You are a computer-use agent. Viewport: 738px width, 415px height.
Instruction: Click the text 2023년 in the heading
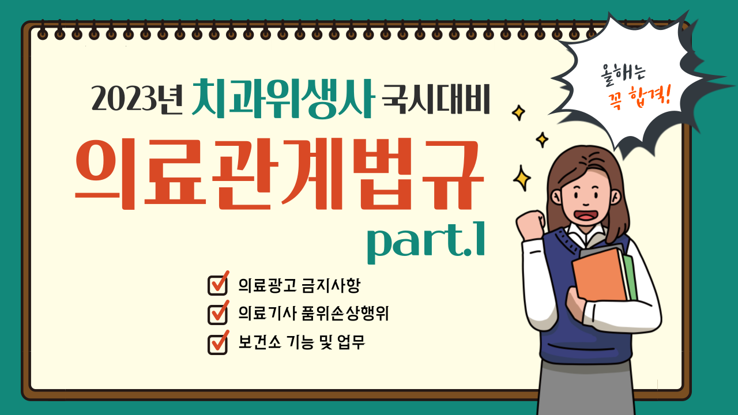point(137,99)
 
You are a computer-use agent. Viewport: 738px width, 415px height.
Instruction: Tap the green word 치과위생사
point(283,98)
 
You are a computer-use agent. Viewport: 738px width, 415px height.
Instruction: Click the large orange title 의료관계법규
point(280,174)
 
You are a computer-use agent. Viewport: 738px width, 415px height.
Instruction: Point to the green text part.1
point(426,243)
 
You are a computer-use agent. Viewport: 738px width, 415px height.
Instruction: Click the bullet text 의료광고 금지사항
point(299,285)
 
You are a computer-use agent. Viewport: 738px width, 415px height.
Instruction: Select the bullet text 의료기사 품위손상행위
point(313,313)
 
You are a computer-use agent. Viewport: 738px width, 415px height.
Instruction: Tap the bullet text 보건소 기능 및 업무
point(302,342)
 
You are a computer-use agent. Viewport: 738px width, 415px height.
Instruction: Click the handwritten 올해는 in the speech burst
point(623,74)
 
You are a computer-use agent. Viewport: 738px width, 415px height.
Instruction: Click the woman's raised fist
point(530,224)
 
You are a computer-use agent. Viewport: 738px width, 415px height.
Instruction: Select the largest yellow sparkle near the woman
point(522,178)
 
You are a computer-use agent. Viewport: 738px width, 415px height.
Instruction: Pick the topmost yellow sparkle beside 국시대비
point(518,112)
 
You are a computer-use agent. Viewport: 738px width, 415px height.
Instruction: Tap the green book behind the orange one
point(630,277)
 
